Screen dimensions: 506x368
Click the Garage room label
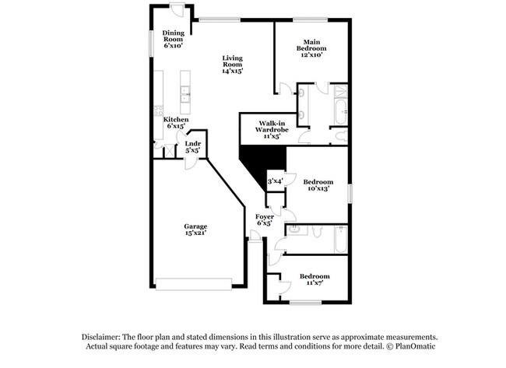(195, 230)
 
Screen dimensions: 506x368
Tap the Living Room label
(232, 65)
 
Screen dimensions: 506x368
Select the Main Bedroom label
(311, 48)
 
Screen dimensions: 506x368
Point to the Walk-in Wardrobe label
(272, 130)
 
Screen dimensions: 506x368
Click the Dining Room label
(174, 39)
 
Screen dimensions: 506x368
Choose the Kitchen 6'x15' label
(176, 123)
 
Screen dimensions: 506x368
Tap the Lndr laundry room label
(193, 147)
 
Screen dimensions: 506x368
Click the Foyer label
(265, 219)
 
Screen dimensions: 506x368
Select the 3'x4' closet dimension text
(276, 181)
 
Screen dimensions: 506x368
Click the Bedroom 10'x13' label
(318, 185)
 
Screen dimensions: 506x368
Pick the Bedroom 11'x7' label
(314, 279)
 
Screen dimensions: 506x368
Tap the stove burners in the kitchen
(159, 110)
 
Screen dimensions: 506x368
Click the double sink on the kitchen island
(185, 94)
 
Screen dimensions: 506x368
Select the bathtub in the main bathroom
(341, 112)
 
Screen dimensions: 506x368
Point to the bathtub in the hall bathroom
(341, 240)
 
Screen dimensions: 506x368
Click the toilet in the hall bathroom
(318, 231)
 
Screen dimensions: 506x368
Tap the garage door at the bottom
(194, 285)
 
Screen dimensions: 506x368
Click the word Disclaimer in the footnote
(101, 338)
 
